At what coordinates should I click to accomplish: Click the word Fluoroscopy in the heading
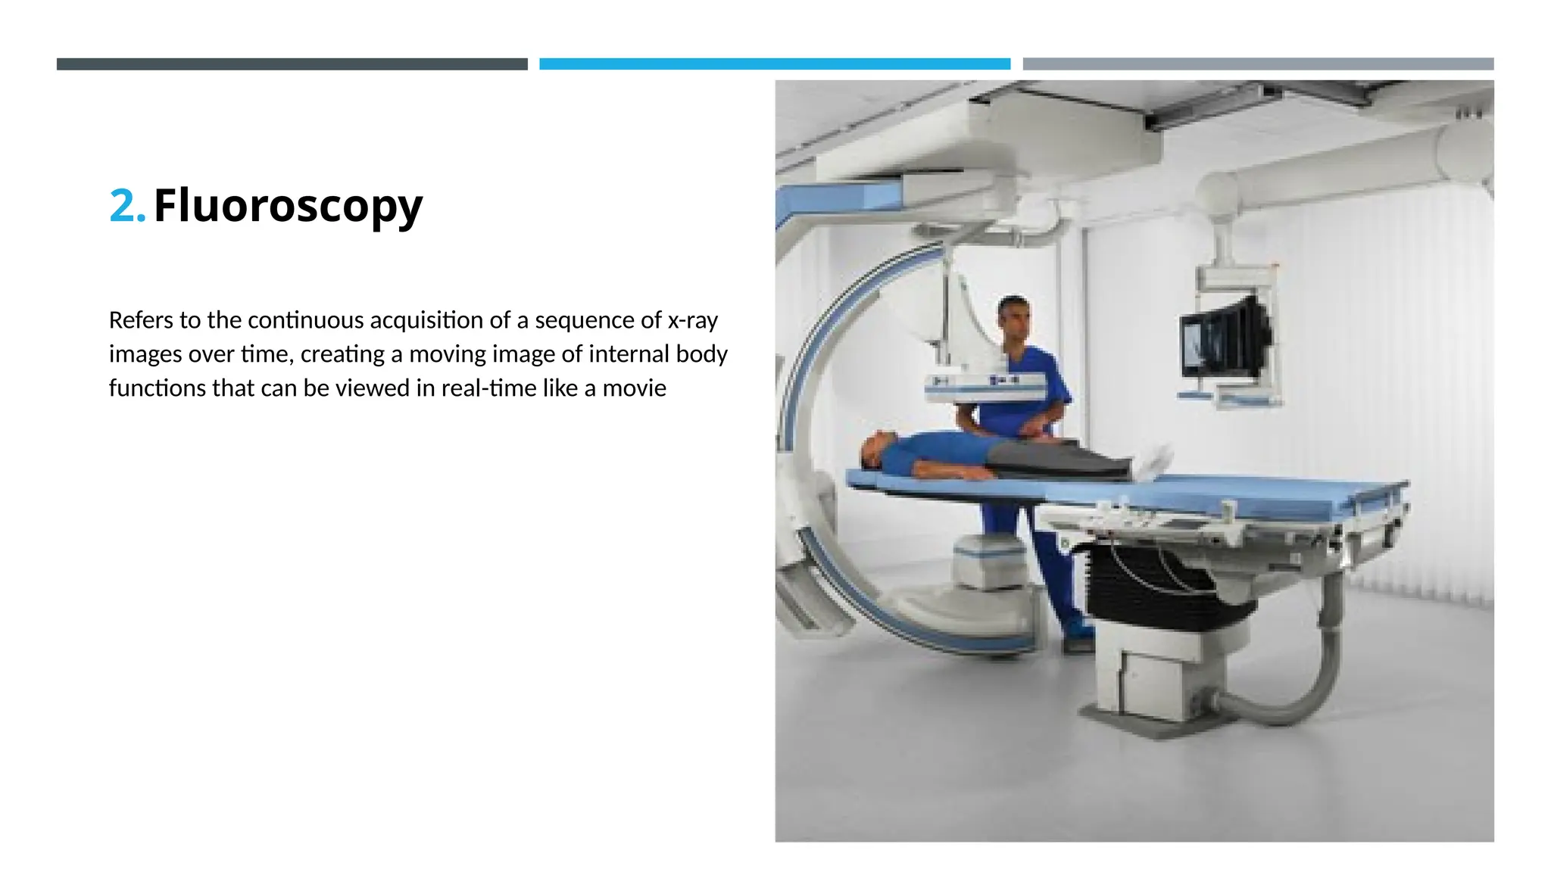coord(288,206)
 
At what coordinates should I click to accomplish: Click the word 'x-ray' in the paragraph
coord(692,320)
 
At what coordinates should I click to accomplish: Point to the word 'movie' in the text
coord(634,388)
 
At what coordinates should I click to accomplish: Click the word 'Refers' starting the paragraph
coord(141,320)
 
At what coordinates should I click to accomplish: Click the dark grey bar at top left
coord(292,64)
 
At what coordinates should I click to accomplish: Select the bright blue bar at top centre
coord(775,64)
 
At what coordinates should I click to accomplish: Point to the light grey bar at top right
coord(1258,64)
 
